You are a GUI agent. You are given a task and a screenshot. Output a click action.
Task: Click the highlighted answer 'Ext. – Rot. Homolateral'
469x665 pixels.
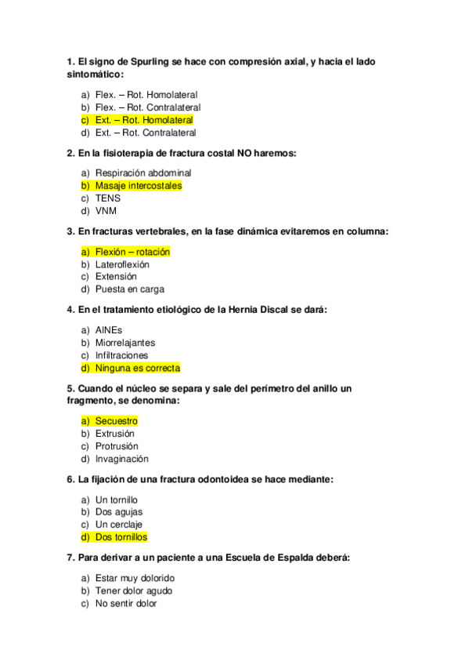click(x=144, y=120)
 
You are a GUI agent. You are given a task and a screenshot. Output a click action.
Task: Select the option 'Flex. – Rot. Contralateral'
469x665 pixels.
click(x=148, y=107)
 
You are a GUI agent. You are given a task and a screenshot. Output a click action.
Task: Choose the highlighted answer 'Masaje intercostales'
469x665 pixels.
click(x=138, y=186)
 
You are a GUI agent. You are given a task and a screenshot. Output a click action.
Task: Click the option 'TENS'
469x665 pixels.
click(x=107, y=198)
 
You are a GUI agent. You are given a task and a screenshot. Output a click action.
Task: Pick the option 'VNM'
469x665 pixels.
click(x=106, y=211)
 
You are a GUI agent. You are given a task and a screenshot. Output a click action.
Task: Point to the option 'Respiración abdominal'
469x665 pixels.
click(x=143, y=173)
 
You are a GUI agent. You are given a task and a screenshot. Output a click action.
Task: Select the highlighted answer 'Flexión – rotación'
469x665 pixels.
click(x=132, y=252)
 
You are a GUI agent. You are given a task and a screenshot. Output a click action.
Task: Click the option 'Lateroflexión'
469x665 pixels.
click(x=122, y=264)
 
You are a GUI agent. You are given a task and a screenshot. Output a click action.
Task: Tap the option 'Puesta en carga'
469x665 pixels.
click(x=130, y=289)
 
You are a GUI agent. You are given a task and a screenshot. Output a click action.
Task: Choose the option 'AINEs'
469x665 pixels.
click(x=109, y=330)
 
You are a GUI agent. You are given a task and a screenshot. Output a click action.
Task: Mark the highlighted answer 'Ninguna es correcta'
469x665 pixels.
click(x=138, y=368)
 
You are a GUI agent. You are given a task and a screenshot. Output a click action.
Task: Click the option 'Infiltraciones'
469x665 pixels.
click(x=121, y=355)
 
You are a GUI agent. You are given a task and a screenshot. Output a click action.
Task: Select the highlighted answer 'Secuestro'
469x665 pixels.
click(x=116, y=421)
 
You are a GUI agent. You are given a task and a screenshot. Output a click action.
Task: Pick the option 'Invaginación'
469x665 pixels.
click(x=122, y=459)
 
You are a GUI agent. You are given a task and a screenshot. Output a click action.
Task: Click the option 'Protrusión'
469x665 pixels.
click(x=117, y=446)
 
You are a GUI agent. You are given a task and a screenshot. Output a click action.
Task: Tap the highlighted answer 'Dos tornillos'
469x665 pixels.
click(x=121, y=537)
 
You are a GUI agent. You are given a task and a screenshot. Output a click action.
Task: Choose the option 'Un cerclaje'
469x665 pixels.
click(x=119, y=525)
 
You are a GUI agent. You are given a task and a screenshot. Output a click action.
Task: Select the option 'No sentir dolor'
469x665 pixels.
click(x=126, y=604)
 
